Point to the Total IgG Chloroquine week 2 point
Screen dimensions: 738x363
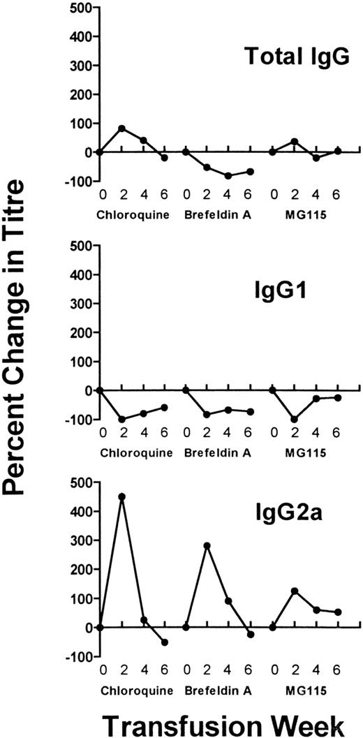[122, 128]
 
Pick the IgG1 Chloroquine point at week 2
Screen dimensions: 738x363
[122, 420]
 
